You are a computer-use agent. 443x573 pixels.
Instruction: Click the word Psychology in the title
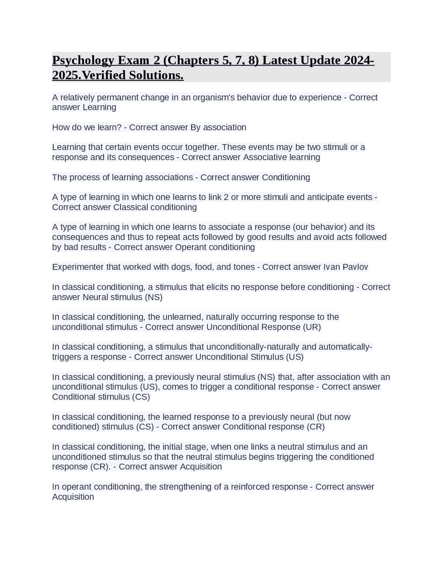point(83,61)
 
